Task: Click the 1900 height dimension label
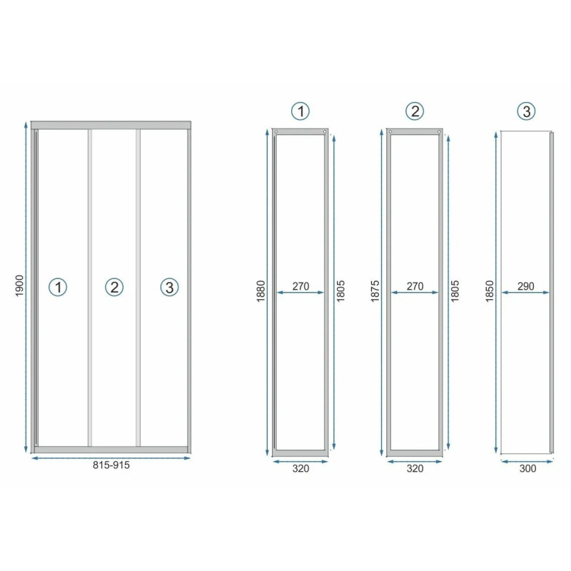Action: click(x=20, y=286)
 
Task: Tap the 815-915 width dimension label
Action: click(x=111, y=465)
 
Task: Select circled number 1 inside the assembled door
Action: click(x=58, y=287)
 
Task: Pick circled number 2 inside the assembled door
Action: click(x=114, y=287)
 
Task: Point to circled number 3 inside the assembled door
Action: click(x=169, y=287)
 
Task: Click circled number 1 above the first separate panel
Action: click(x=300, y=111)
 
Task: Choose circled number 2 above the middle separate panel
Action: click(x=415, y=111)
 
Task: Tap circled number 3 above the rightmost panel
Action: click(x=526, y=111)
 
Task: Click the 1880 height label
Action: click(x=261, y=291)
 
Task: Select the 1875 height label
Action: click(x=375, y=291)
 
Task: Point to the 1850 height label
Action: click(x=490, y=291)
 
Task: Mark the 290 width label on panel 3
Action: click(x=526, y=286)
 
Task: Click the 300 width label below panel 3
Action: click(x=527, y=468)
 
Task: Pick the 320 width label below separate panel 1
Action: click(x=300, y=468)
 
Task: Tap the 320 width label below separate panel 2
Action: click(x=415, y=468)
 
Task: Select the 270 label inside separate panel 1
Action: click(x=300, y=286)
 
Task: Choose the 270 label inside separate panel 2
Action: click(x=415, y=286)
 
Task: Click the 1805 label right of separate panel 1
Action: click(x=340, y=291)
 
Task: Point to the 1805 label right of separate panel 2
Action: click(x=455, y=291)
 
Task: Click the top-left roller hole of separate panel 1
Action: click(x=276, y=132)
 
